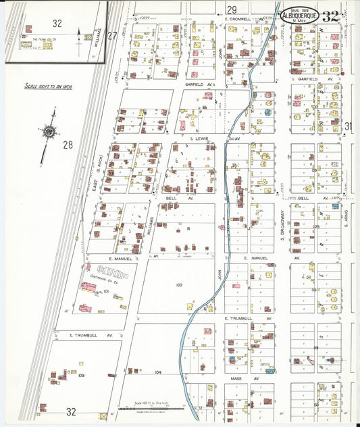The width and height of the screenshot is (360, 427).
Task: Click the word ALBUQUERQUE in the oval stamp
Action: point(301,17)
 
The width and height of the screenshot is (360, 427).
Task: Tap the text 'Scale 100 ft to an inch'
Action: point(49,86)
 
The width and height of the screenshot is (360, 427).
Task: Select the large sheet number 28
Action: point(68,145)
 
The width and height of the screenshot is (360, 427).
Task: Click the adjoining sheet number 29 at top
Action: point(232,9)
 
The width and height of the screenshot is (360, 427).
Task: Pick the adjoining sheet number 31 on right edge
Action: point(349,126)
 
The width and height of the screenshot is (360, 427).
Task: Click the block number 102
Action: point(178,285)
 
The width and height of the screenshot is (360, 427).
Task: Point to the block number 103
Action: point(80,375)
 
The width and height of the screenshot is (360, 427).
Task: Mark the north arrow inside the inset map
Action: point(80,34)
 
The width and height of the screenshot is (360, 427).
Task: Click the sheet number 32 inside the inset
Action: point(57,24)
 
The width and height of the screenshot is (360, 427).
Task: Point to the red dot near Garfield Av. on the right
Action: point(343,74)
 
